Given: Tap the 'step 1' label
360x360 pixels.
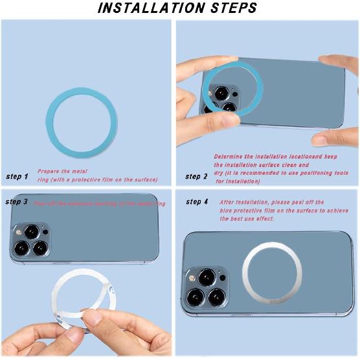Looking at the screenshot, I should coord(17,176).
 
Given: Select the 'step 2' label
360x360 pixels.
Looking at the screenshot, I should coord(196,176).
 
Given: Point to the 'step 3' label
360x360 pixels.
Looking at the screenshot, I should coord(17,202).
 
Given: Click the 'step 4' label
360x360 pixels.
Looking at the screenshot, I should coord(197,202).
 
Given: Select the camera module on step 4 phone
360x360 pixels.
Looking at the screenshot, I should coord(207,287).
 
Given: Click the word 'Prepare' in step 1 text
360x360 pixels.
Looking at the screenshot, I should coord(49,171).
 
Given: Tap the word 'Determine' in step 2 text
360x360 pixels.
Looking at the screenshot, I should coord(229,157).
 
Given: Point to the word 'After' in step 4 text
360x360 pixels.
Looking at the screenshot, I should coord(228,202).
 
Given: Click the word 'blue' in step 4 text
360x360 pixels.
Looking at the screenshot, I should coord(227,210).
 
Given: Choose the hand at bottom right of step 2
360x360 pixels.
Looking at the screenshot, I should coord(335,137).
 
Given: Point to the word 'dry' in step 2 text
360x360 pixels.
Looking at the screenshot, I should coord(219,173).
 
